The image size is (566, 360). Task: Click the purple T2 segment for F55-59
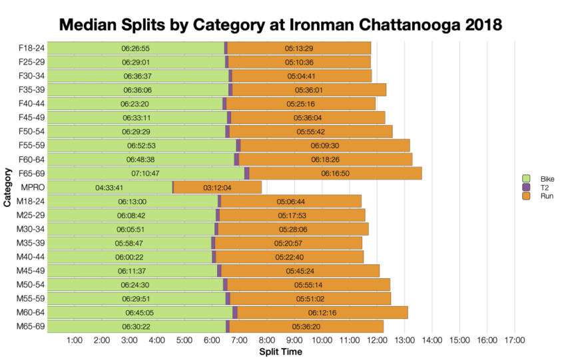(238, 145)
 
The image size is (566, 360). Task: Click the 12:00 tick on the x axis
(377, 340)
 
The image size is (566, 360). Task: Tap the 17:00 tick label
(514, 340)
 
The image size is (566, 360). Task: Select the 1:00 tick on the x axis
(75, 340)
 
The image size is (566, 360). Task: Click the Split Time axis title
(280, 351)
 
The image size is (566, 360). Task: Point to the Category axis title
(7, 188)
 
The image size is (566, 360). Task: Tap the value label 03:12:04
(217, 188)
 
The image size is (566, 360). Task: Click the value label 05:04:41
(301, 76)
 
